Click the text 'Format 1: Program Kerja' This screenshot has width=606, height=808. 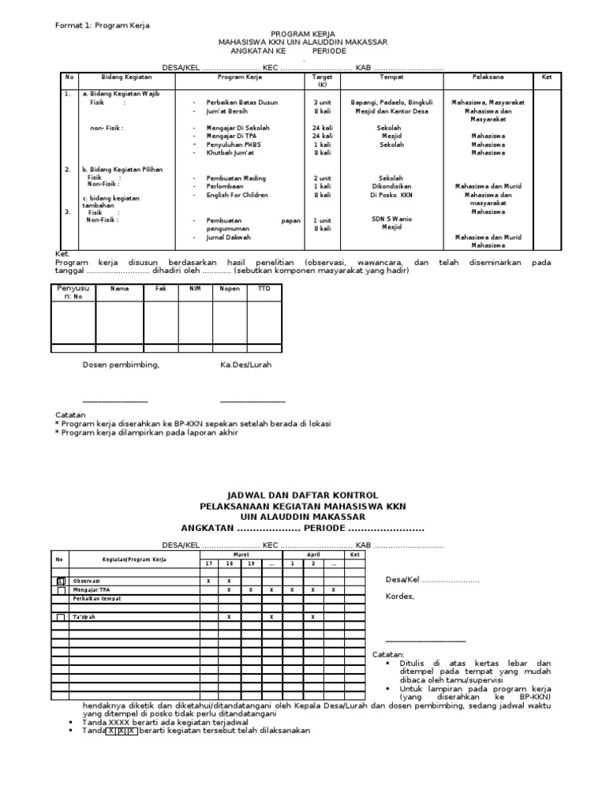102,26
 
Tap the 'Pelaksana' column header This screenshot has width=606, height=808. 488,77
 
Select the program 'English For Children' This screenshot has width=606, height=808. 238,195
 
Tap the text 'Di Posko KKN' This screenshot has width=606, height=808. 391,195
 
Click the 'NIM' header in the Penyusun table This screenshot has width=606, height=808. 195,290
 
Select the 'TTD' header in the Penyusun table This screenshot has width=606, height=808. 264,290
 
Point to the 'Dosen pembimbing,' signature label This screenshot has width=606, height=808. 122,365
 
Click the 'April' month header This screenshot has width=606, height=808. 312,555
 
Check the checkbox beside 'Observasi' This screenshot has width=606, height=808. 62,582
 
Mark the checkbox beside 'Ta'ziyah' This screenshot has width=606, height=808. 62,616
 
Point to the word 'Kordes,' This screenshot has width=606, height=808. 399,597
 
